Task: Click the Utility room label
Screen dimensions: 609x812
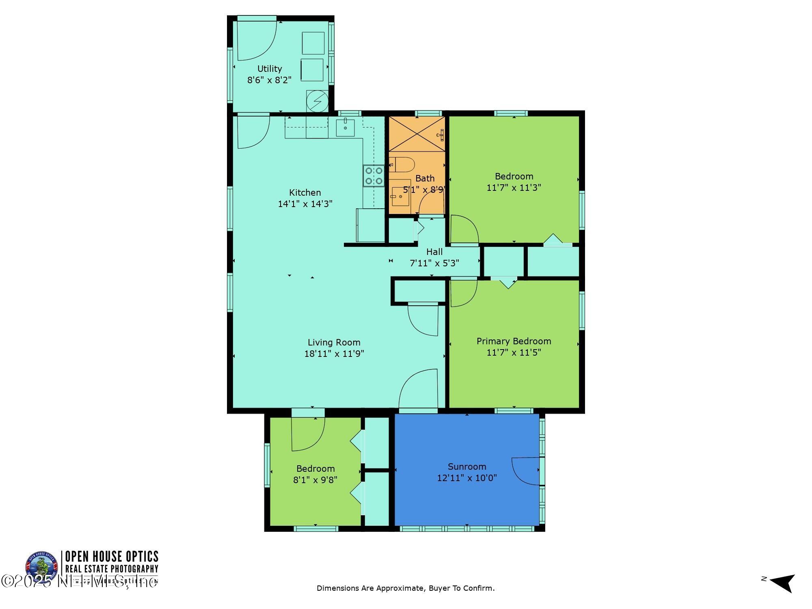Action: pyautogui.click(x=270, y=69)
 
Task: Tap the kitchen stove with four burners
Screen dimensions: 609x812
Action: pyautogui.click(x=374, y=176)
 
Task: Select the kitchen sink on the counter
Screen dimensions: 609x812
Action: pyautogui.click(x=345, y=127)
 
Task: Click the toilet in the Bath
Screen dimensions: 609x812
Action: pyautogui.click(x=403, y=165)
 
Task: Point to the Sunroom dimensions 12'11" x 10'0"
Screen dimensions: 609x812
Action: pyautogui.click(x=466, y=478)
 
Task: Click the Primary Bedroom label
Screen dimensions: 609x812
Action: pyautogui.click(x=514, y=341)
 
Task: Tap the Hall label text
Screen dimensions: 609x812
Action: pyautogui.click(x=434, y=252)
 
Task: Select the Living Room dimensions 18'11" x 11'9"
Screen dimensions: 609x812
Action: pyautogui.click(x=334, y=354)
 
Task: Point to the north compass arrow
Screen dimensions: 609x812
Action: pyautogui.click(x=782, y=583)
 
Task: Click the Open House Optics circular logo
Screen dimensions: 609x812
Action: pyautogui.click(x=41, y=567)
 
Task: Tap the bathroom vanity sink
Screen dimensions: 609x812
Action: pyautogui.click(x=401, y=197)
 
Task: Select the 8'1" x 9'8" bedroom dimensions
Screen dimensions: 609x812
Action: pyautogui.click(x=315, y=480)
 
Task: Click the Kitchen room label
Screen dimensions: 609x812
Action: pyautogui.click(x=305, y=192)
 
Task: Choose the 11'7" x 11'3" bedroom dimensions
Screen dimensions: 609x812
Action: pyautogui.click(x=514, y=188)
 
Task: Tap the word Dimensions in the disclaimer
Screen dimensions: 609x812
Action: pyautogui.click(x=338, y=588)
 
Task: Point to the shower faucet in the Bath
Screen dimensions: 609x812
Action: pyautogui.click(x=441, y=134)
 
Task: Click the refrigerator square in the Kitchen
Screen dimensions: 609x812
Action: pyautogui.click(x=370, y=225)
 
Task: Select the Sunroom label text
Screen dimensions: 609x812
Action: pyautogui.click(x=466, y=466)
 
